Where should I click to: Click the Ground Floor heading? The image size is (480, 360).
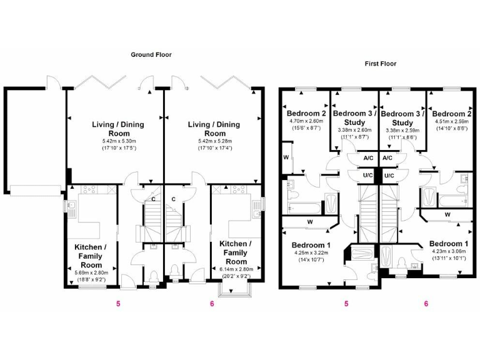(151, 55)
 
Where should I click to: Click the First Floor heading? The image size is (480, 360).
(380, 64)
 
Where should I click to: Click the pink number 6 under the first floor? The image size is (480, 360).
(426, 304)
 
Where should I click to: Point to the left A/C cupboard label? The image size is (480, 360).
(369, 159)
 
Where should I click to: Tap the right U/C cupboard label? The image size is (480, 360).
(389, 176)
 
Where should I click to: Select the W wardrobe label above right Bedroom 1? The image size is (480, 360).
(447, 215)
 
